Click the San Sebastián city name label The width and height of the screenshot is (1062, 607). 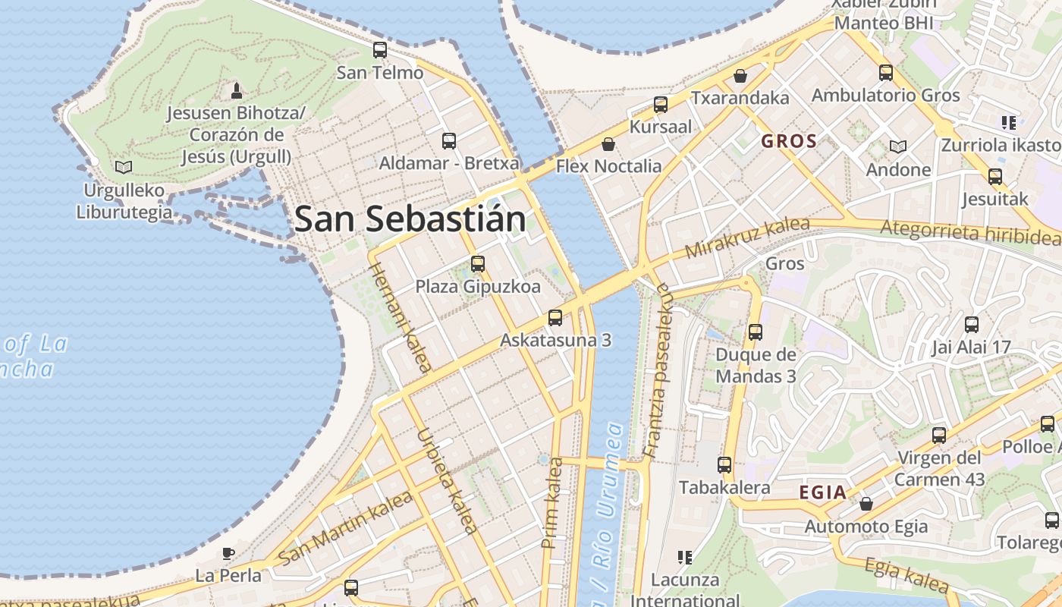(x=410, y=219)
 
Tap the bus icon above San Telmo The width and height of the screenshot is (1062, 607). (x=380, y=51)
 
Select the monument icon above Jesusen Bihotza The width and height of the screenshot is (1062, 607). (x=237, y=91)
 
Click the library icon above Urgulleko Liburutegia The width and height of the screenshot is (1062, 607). (x=123, y=167)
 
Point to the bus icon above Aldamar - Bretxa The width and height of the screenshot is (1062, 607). (x=449, y=140)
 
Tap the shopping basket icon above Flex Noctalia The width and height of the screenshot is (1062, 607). (x=608, y=143)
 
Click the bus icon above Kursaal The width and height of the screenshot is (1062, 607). (x=661, y=105)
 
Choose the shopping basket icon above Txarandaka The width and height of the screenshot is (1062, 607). (x=740, y=76)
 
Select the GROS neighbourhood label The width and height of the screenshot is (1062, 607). (x=789, y=141)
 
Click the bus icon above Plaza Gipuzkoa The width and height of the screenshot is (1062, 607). (x=478, y=264)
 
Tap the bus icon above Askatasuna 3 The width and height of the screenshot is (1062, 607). (x=555, y=318)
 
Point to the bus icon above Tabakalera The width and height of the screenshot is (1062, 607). (x=724, y=465)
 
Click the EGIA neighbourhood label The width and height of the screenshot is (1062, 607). (x=822, y=492)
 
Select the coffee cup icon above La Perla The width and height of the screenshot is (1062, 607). (x=228, y=553)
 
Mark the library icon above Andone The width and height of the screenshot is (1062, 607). (x=898, y=146)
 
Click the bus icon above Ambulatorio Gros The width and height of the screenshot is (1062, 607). (x=886, y=73)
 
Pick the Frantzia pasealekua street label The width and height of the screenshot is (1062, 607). (x=657, y=370)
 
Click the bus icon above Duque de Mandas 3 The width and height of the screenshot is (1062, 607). (x=756, y=332)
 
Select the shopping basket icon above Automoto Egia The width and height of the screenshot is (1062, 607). (x=866, y=504)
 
